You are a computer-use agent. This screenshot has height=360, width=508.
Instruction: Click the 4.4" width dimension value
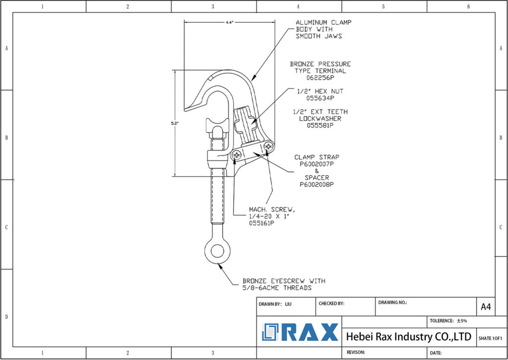pos(229,22)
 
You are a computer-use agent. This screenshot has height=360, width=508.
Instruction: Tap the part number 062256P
pos(320,78)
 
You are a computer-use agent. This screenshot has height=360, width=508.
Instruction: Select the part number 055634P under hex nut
pos(320,98)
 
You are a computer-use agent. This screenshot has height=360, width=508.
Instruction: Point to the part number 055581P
pos(320,126)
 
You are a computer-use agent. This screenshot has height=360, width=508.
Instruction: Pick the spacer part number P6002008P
pos(317,184)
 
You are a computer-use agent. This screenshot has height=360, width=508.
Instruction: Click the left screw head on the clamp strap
pos(237,155)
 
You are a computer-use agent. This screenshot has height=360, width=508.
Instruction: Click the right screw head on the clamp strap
pos(268,146)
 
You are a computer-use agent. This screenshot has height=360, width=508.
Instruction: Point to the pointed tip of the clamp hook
pos(185,109)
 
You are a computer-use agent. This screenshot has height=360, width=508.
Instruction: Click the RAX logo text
pos(310,332)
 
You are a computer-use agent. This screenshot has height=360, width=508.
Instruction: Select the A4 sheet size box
pos(486,307)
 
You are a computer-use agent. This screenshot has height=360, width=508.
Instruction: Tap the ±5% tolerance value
pos(462,320)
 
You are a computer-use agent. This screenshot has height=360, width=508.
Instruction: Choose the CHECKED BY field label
pos(331,303)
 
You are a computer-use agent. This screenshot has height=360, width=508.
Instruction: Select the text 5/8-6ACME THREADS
pos(277,288)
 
